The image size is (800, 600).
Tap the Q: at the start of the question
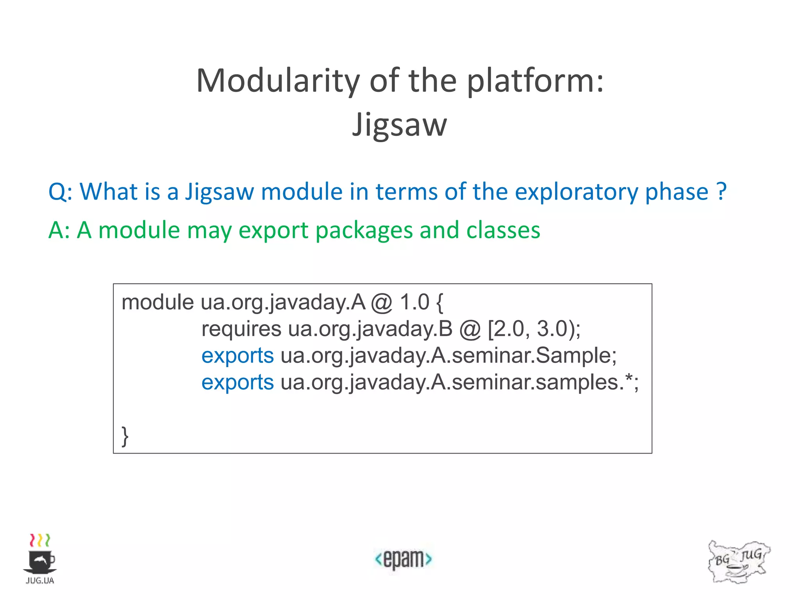(61, 192)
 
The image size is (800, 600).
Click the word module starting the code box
(157, 302)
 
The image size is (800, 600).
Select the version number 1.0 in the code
(414, 302)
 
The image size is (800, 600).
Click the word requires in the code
(241, 329)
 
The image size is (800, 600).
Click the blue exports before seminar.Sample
(237, 356)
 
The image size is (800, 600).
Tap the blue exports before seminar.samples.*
(237, 382)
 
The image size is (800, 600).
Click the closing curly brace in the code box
(125, 436)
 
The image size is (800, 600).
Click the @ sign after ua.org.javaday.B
(470, 329)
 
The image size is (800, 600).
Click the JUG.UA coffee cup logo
(40, 559)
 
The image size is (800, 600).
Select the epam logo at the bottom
(403, 559)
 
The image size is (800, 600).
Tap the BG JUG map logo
(738, 562)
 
